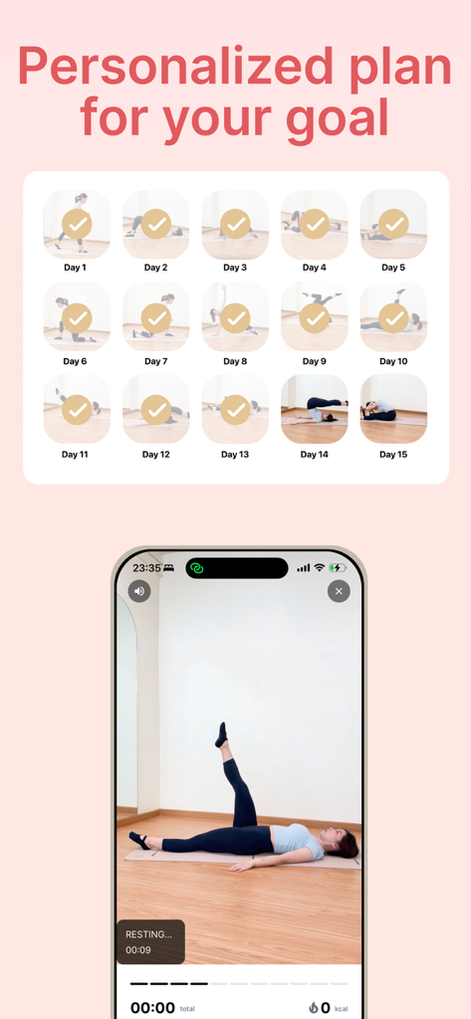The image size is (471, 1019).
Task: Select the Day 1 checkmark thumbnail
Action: pyautogui.click(x=76, y=224)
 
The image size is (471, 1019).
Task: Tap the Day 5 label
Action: pyautogui.click(x=393, y=268)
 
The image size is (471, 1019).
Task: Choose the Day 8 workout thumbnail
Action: pyautogui.click(x=235, y=317)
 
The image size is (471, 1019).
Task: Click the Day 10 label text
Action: pyautogui.click(x=393, y=361)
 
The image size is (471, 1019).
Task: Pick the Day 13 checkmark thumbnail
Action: pyautogui.click(x=235, y=409)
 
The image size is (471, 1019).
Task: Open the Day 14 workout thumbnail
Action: pyautogui.click(x=315, y=409)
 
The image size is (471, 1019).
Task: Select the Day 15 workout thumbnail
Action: pyautogui.click(x=393, y=409)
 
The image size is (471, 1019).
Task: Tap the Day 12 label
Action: pyautogui.click(x=156, y=455)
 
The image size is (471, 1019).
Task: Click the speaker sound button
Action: pyautogui.click(x=139, y=591)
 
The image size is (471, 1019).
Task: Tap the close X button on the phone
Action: pyautogui.click(x=339, y=591)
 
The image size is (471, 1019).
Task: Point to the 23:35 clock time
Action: pyautogui.click(x=146, y=568)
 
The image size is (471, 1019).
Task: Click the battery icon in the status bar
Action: pyautogui.click(x=339, y=568)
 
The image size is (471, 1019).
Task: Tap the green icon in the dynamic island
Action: pyautogui.click(x=197, y=568)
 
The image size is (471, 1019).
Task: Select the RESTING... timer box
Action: pyautogui.click(x=150, y=941)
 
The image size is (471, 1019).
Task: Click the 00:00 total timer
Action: pyautogui.click(x=152, y=1007)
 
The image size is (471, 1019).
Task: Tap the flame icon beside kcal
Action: pyautogui.click(x=313, y=1008)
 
